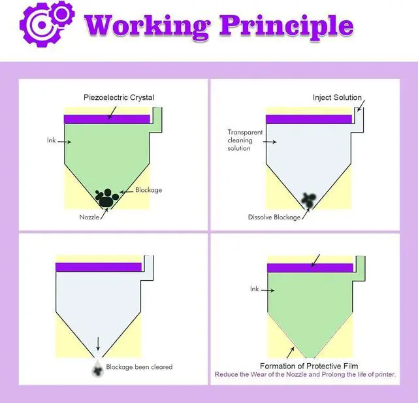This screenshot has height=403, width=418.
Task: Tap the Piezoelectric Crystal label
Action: click(118, 98)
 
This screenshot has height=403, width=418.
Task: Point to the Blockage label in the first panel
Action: click(148, 190)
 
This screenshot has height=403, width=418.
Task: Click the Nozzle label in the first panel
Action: click(89, 217)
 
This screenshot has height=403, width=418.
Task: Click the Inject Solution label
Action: click(337, 98)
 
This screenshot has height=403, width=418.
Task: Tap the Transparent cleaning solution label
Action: click(244, 140)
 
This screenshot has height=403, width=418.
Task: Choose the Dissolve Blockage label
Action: click(274, 217)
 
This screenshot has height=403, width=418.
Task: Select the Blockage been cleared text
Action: click(139, 367)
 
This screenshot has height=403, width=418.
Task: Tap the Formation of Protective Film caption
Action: click(309, 366)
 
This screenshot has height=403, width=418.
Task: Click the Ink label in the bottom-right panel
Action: click(255, 288)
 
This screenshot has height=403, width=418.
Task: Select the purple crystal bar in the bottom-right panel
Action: click(310, 268)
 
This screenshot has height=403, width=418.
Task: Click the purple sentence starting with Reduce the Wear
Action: click(306, 375)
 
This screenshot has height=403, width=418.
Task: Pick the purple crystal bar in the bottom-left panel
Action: click(99, 266)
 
